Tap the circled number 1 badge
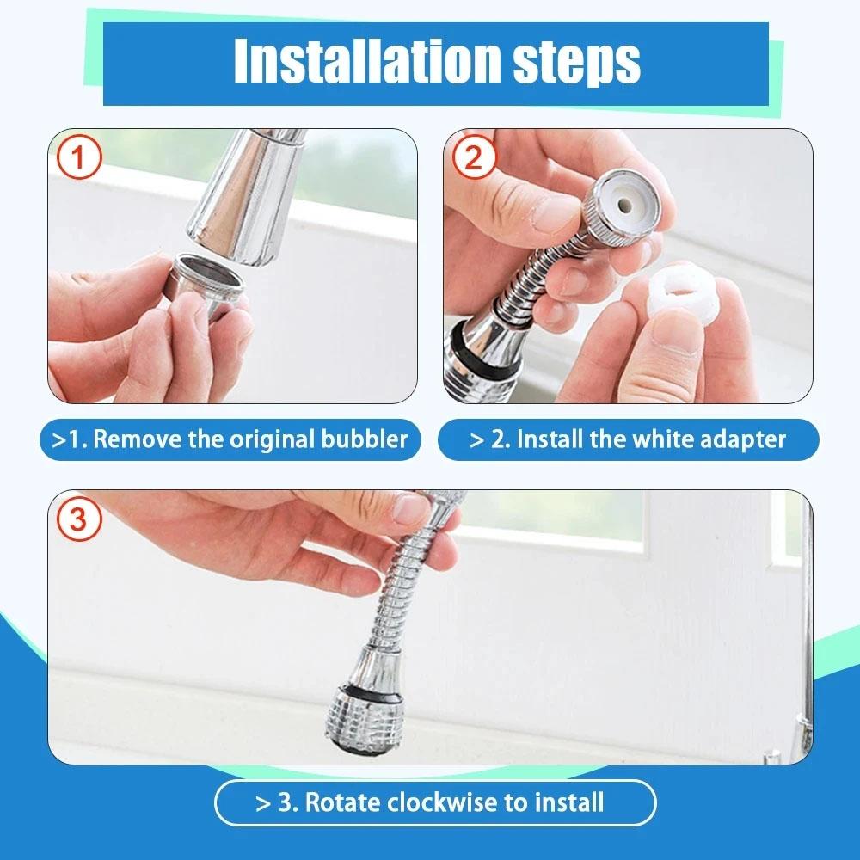[x=78, y=159]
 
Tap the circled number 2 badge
[x=475, y=159]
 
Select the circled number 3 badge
[x=78, y=520]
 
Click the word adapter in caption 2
[x=739, y=439]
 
